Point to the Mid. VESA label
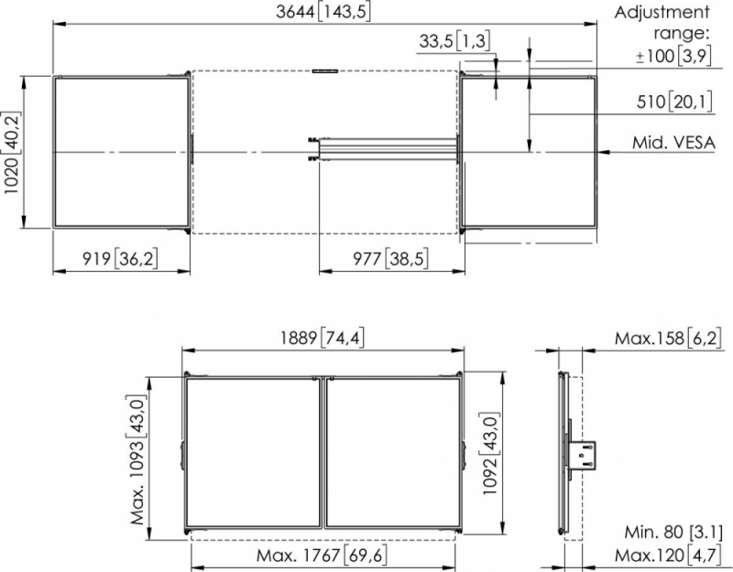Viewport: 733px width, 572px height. tap(673, 143)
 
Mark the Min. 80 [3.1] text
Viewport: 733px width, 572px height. tap(673, 532)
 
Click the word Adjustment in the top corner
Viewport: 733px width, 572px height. tap(662, 13)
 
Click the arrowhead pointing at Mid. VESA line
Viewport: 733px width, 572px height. tap(604, 152)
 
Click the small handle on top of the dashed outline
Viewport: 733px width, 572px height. tap(325, 71)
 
